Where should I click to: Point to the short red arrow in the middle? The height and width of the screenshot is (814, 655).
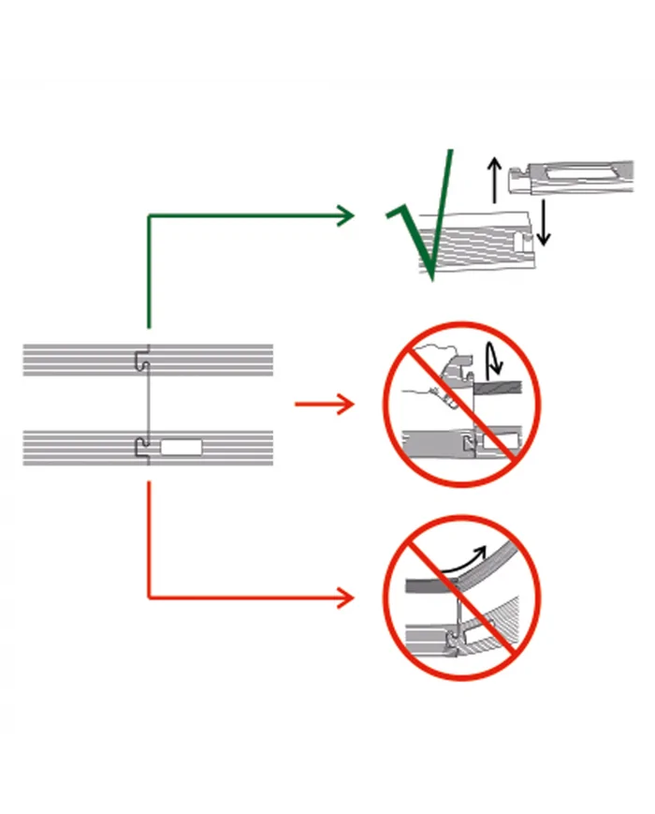click(324, 405)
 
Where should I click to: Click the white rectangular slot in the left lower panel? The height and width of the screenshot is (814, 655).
click(181, 447)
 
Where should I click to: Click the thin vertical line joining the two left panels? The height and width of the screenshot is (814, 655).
click(144, 403)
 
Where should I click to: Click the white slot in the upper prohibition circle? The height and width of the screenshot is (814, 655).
click(502, 439)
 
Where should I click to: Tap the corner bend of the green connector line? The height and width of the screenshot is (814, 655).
click(149, 217)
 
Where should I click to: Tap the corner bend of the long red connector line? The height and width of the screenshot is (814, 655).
click(149, 597)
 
